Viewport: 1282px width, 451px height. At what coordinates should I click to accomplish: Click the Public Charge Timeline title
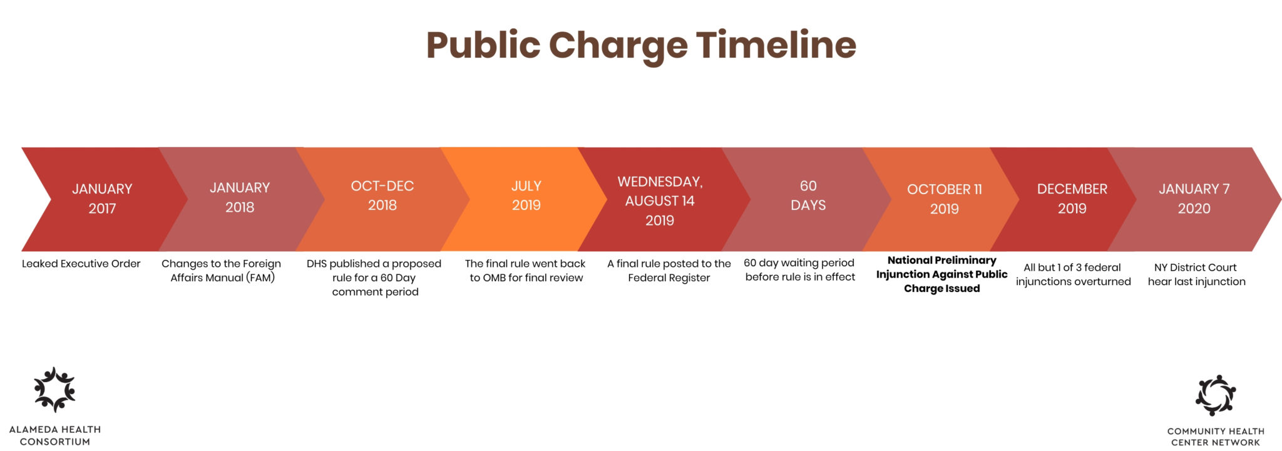click(641, 46)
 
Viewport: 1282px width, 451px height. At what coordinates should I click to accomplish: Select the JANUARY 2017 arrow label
click(102, 199)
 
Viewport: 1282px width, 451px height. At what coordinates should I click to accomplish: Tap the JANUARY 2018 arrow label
click(240, 197)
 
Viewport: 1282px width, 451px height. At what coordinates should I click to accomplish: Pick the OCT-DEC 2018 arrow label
click(382, 195)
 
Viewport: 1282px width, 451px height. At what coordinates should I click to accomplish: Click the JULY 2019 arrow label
click(526, 195)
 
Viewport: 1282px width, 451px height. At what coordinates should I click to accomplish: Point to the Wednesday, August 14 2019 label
click(660, 200)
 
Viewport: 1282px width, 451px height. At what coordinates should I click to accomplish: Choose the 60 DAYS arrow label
click(808, 195)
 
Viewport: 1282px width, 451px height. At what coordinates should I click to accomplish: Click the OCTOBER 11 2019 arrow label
click(945, 199)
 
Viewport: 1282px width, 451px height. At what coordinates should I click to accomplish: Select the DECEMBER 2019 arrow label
click(1072, 199)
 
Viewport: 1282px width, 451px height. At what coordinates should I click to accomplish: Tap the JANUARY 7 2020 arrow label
click(1194, 199)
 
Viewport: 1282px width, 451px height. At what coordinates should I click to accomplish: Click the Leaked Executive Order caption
click(81, 264)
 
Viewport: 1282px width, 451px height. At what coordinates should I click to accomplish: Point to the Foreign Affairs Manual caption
click(222, 271)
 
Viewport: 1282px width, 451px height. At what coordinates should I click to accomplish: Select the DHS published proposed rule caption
click(374, 277)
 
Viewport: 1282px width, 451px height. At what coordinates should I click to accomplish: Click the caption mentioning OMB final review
click(526, 271)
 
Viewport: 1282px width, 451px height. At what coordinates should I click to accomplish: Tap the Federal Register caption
click(669, 271)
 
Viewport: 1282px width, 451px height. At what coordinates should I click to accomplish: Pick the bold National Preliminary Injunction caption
click(942, 274)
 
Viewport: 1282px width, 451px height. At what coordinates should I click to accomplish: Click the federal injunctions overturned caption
click(1074, 274)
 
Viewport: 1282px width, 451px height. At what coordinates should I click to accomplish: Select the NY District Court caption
click(1196, 274)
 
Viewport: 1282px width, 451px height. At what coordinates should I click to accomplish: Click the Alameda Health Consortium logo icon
click(54, 390)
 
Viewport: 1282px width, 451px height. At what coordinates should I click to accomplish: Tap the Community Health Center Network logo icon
click(1215, 395)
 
